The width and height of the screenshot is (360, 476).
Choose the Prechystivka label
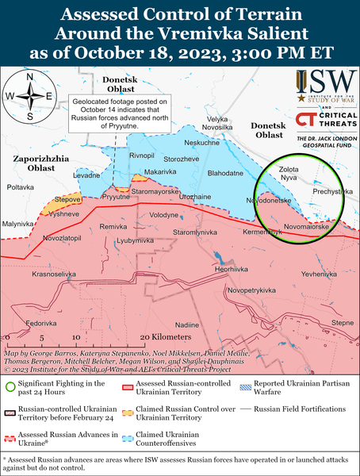point(332,191)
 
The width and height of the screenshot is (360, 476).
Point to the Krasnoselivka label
point(54,274)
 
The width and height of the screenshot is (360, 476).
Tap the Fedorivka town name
point(40,324)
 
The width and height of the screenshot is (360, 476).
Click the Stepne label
point(343,323)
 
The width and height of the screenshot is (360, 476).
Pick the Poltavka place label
point(21,187)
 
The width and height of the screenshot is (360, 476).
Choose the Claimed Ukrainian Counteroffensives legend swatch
point(239,436)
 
